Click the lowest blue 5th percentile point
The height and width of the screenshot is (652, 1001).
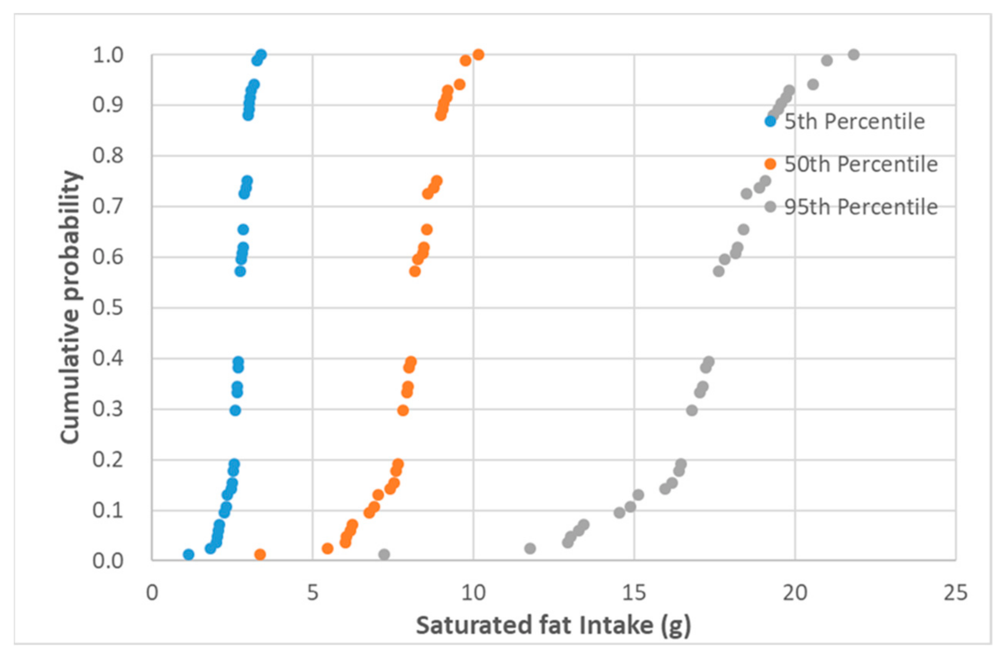point(188,555)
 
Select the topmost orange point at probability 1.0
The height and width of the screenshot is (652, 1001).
point(478,55)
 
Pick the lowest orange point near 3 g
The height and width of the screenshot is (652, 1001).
point(260,555)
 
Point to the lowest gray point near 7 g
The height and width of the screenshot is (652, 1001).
point(383,555)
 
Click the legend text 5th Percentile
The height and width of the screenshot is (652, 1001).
point(854,122)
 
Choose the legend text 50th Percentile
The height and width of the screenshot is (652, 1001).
point(860,164)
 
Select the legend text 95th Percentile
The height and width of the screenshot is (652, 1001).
point(860,207)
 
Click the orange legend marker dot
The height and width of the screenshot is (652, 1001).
point(770,164)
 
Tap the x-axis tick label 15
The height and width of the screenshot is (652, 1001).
point(634,593)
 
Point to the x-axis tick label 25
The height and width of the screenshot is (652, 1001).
point(956,593)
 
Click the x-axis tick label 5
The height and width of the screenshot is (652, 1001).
point(313,593)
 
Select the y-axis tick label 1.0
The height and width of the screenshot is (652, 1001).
point(108,55)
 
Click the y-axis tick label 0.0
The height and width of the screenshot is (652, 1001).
point(108,561)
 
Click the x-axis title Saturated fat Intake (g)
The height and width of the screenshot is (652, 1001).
point(553,625)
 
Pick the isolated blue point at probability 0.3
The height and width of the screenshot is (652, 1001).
point(236,410)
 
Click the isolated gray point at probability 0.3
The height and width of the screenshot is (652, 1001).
point(692,410)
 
